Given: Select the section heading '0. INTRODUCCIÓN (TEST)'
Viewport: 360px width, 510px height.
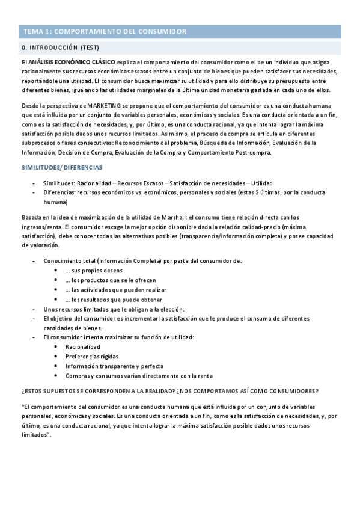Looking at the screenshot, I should tap(61, 47).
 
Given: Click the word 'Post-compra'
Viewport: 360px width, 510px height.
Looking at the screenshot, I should tap(252, 152).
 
